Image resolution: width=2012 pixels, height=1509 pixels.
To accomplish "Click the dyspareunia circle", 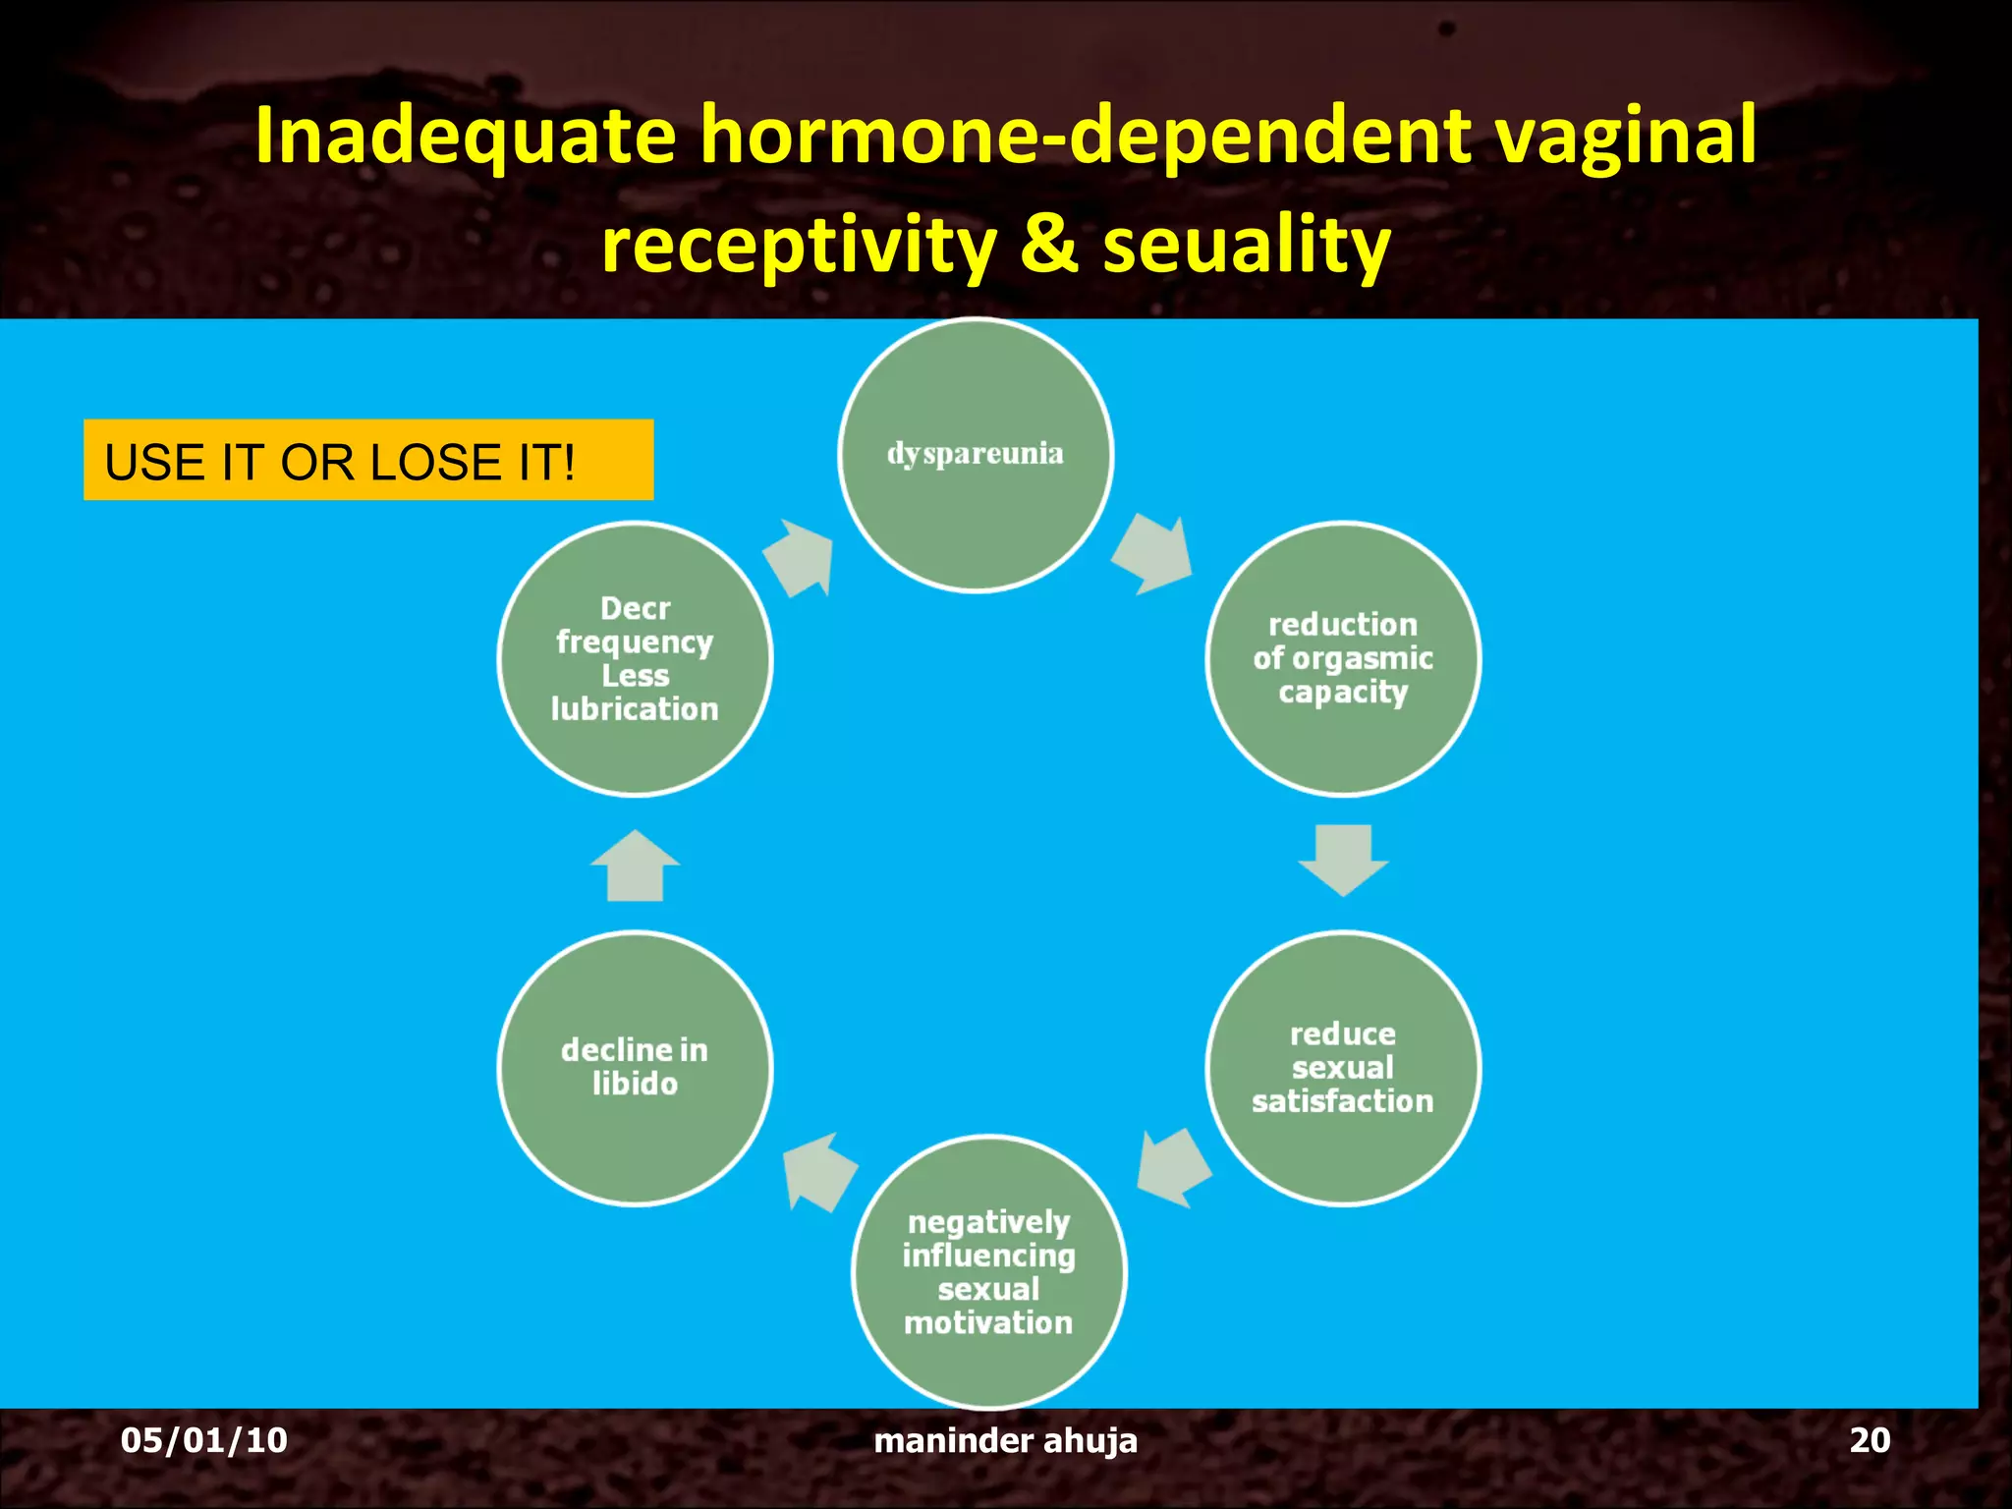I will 976,455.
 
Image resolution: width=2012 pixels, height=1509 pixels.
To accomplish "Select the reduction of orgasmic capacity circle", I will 1343,658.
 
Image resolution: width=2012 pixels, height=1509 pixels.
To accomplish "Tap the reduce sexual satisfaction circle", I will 1343,1068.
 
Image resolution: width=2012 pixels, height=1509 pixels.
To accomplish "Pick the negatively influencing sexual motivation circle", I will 989,1271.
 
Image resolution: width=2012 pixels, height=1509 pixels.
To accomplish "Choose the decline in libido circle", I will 636,1068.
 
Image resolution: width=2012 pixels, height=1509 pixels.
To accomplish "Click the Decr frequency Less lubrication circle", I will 636,658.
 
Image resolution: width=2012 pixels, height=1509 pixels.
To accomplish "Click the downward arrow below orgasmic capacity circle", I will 1343,859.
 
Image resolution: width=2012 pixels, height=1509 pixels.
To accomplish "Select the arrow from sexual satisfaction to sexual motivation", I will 1173,1167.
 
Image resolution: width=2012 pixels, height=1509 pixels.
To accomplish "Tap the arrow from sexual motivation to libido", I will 818,1172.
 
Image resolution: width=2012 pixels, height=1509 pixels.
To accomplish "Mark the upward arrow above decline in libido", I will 635,866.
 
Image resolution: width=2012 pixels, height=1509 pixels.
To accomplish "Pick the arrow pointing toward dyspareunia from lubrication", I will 801,557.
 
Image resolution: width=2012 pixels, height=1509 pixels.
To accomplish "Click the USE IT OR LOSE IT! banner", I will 368,461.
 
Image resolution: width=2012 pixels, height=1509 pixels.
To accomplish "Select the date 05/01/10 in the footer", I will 204,1440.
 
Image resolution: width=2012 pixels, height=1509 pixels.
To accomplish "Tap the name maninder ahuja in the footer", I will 1005,1440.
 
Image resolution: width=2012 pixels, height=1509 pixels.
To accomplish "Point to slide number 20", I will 1869,1440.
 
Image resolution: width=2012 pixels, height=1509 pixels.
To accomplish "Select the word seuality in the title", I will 1246,246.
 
